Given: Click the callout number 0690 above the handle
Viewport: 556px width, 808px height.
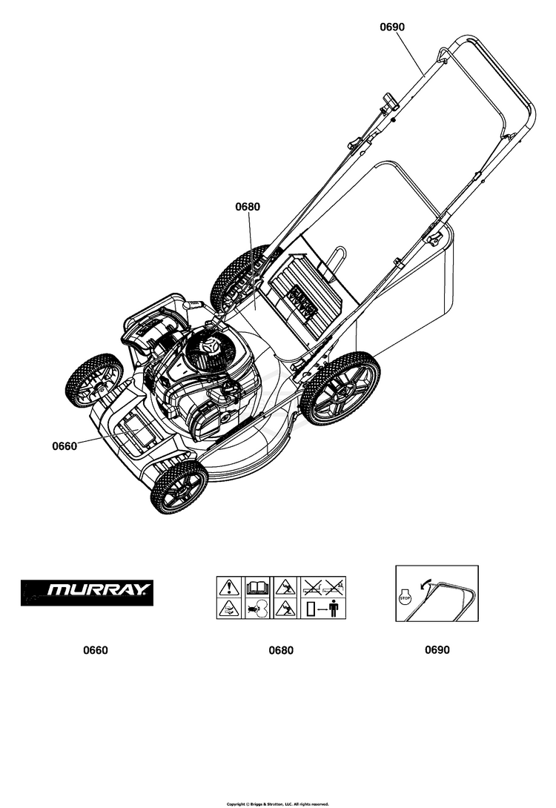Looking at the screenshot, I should pos(392,27).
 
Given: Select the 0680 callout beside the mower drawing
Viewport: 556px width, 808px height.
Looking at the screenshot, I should pos(248,207).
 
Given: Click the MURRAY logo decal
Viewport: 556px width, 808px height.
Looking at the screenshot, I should pos(87,592).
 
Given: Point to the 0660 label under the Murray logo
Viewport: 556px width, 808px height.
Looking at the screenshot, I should pos(96,650).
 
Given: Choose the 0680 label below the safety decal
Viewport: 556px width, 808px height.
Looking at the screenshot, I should pos(281,650).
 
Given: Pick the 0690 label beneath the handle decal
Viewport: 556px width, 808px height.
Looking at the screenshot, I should pos(437,649).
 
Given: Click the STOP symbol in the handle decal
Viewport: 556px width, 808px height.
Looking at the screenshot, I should pos(406,597).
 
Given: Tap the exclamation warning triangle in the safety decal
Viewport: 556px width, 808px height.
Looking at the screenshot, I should pos(228,588).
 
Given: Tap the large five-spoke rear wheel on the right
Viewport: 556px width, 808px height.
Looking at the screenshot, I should pos(341,388).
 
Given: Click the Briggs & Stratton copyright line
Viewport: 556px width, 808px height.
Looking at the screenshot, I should pos(277,804).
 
